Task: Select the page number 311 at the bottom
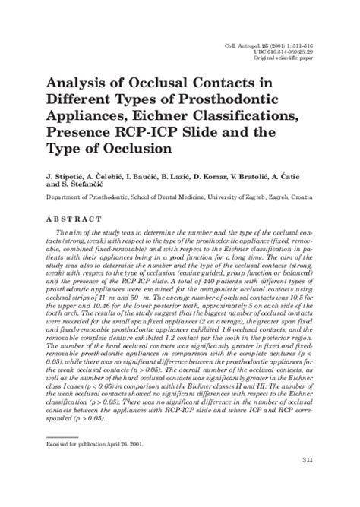point(307,481)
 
